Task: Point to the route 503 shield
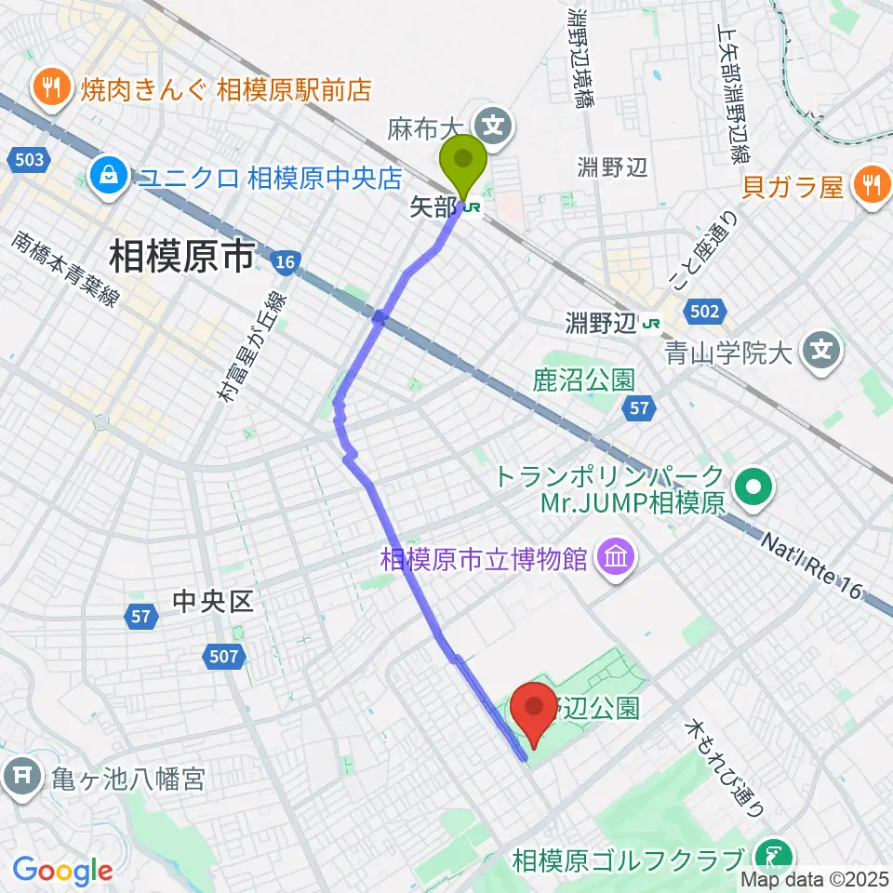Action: point(29,160)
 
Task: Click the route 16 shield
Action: point(285,264)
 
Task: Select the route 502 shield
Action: point(703,312)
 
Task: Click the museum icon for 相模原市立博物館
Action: point(617,558)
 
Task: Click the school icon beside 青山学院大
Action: point(822,351)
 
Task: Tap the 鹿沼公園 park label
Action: point(584,380)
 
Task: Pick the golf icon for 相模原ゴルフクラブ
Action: point(773,854)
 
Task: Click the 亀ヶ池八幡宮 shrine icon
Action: point(22,775)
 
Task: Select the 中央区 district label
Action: point(213,602)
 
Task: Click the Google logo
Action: point(63,871)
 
